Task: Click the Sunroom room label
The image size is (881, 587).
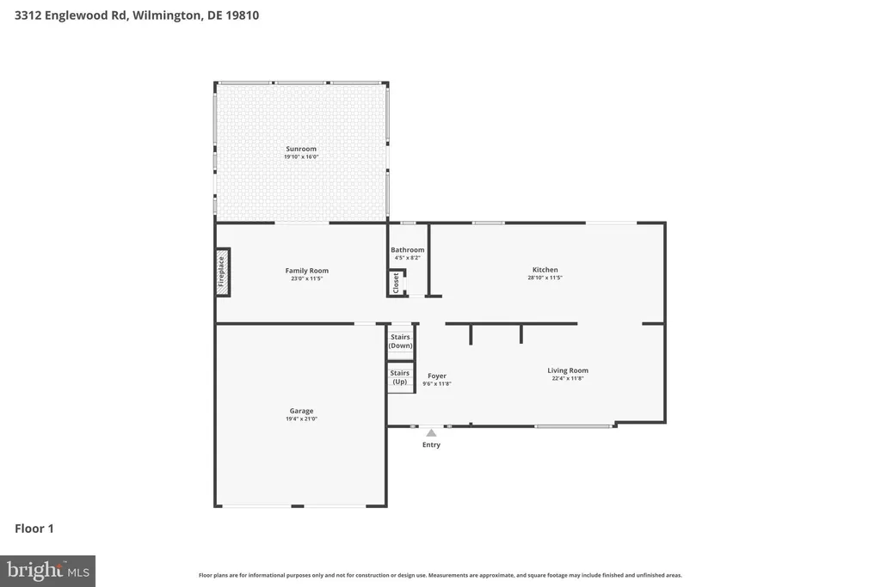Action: point(301,149)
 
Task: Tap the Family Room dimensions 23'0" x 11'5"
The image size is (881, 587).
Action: point(307,278)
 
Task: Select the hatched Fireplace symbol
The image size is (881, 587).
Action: point(223,272)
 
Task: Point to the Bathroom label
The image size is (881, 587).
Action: point(407,250)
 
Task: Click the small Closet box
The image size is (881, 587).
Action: point(397,282)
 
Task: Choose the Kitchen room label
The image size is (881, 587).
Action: point(545,269)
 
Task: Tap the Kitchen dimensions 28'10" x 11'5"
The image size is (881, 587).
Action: point(545,278)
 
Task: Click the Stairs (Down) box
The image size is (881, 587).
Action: point(401,341)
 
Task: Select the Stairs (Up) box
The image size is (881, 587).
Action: point(400,377)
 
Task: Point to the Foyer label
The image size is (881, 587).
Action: point(437,376)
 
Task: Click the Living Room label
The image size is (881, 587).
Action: point(568,370)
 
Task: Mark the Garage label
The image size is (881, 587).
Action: point(302,411)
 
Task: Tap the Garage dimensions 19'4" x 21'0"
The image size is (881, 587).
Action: point(302,419)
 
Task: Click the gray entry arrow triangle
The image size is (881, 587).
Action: point(431,432)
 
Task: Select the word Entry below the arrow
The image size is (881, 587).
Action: point(432,444)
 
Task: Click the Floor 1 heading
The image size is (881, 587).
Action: point(34,529)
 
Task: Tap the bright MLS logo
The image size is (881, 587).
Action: point(48,572)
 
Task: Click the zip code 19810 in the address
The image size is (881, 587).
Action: point(243,15)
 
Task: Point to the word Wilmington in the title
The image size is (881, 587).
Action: point(167,15)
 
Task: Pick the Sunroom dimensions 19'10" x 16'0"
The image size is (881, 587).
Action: point(301,157)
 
